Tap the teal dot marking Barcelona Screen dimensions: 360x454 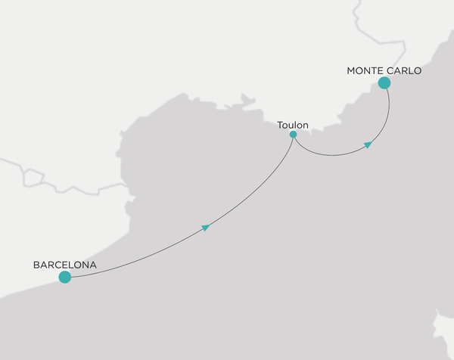pyautogui.click(x=65, y=278)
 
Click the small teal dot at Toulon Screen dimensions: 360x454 pyautogui.click(x=293, y=135)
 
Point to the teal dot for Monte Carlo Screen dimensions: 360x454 pyautogui.click(x=384, y=83)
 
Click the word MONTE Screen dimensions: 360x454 pyautogui.click(x=364, y=70)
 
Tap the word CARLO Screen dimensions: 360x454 pyautogui.click(x=403, y=70)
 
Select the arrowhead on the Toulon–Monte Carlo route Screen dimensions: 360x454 pyautogui.click(x=368, y=144)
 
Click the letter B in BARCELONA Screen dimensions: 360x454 pyautogui.click(x=36, y=265)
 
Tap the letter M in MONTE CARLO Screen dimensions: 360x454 pyautogui.click(x=350, y=70)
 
